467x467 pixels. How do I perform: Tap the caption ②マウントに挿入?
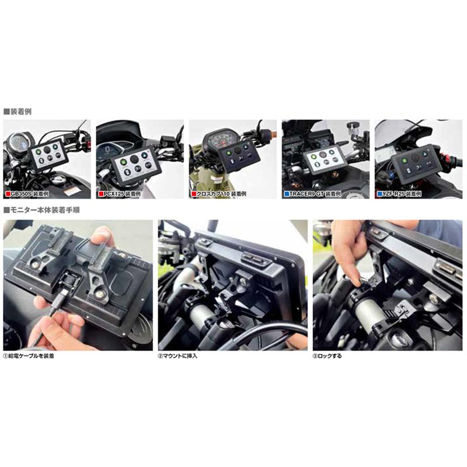click(x=180, y=356)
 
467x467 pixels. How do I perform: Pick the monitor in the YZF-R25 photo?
click(x=416, y=161)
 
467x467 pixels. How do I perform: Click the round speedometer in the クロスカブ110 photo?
click(x=221, y=140)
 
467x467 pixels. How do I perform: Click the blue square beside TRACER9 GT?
click(x=287, y=193)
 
